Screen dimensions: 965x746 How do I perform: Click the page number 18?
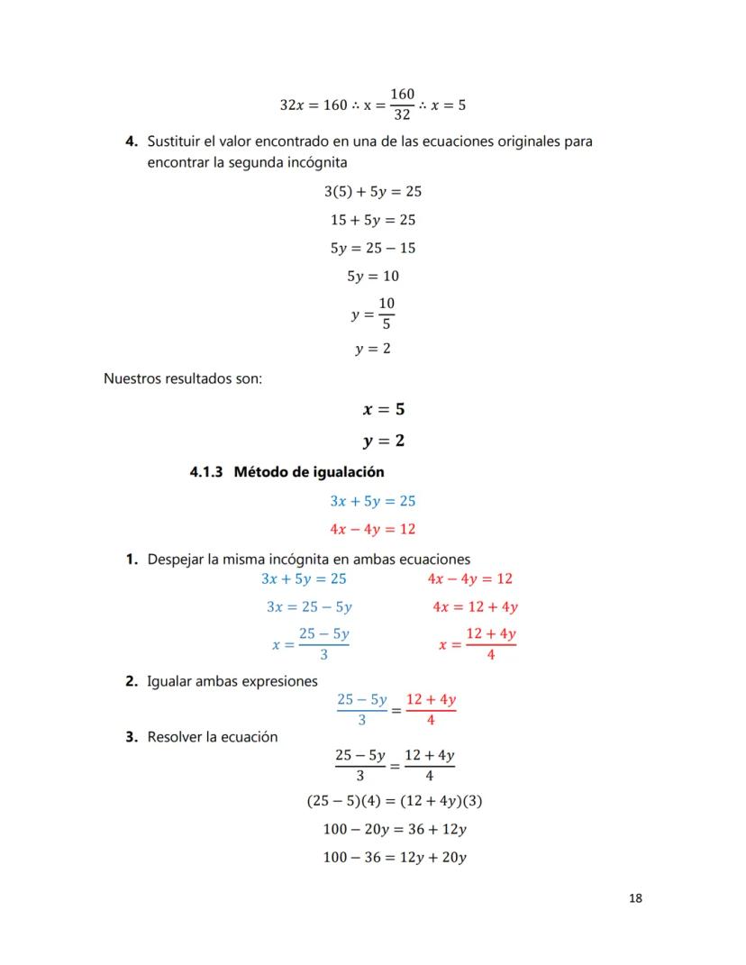click(x=635, y=898)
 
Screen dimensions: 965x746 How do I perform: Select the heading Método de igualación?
click(x=309, y=471)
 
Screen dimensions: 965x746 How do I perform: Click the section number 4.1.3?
click(x=207, y=471)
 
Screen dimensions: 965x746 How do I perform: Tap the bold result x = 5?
click(x=383, y=409)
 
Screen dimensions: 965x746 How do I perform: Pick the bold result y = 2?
click(x=383, y=441)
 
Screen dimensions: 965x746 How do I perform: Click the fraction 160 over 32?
click(x=402, y=104)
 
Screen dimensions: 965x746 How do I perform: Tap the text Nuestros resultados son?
click(x=183, y=378)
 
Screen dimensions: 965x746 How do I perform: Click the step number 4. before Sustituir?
click(x=132, y=142)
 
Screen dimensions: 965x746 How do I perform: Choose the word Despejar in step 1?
click(x=176, y=560)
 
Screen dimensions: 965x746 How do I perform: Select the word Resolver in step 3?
click(x=175, y=737)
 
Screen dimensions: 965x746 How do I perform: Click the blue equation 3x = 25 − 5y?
click(x=309, y=607)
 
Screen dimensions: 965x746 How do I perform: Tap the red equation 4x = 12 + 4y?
click(x=475, y=607)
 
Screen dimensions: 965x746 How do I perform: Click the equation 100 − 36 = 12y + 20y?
click(x=395, y=858)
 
